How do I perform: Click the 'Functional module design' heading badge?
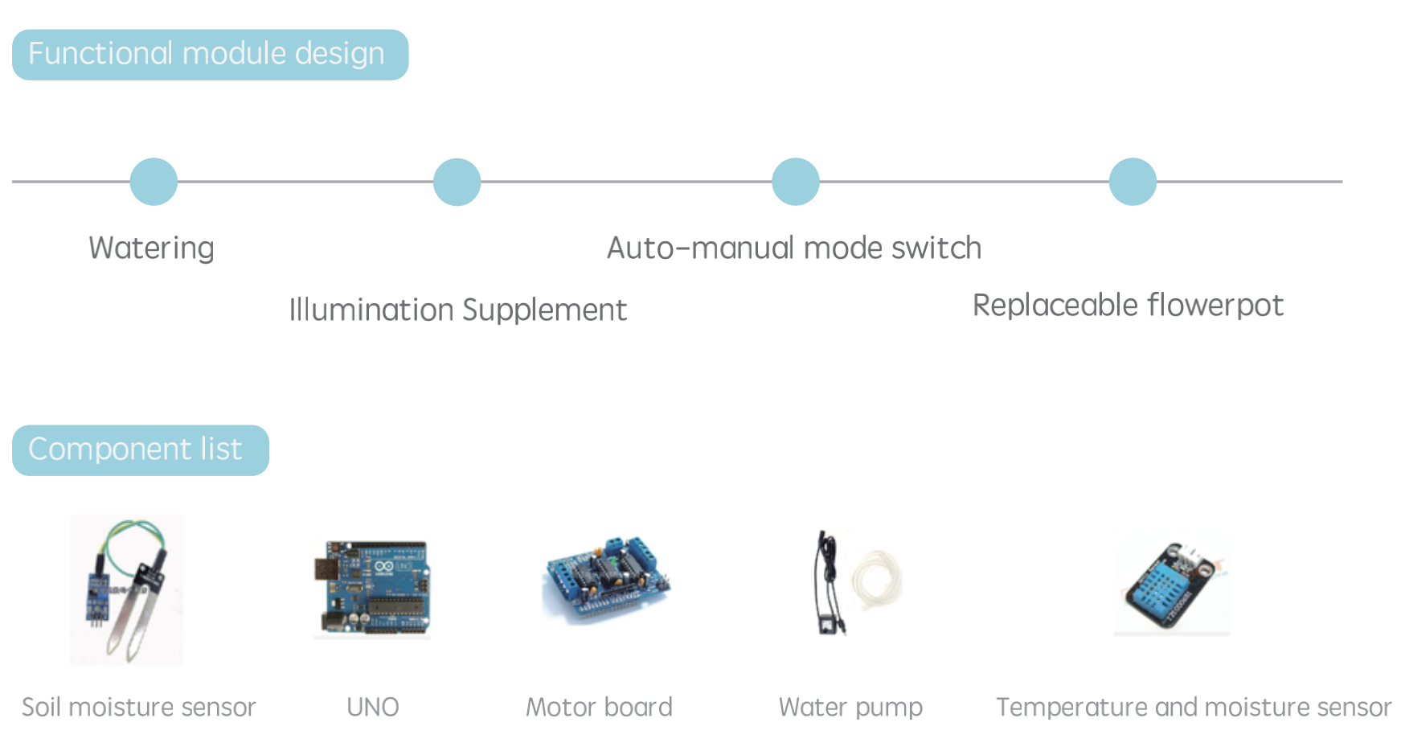tap(210, 55)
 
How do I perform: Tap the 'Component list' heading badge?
tap(141, 450)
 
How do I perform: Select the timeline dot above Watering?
tap(154, 182)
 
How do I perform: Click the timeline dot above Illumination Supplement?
tap(457, 182)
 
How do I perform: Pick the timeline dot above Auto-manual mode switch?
tap(796, 182)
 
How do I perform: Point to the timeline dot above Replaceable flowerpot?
tap(1133, 182)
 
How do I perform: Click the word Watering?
tap(151, 248)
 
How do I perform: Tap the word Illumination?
tap(371, 310)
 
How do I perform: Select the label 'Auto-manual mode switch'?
tap(794, 248)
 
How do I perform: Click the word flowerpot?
tap(1215, 306)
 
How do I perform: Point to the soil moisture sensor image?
tap(127, 590)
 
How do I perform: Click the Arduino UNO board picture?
tap(372, 589)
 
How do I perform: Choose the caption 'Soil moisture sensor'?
tap(138, 708)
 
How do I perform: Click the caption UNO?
tap(373, 708)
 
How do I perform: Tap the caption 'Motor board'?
tap(599, 708)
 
